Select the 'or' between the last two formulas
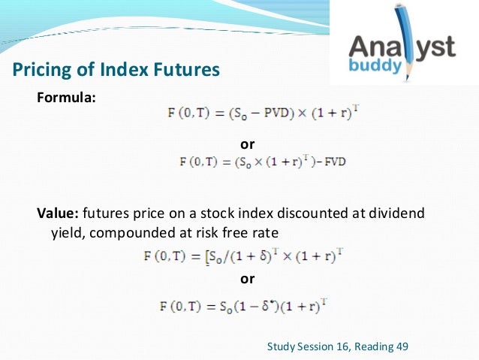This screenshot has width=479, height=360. click(x=246, y=279)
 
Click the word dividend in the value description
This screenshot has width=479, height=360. click(x=398, y=213)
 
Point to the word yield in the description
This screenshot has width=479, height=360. click(x=65, y=232)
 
